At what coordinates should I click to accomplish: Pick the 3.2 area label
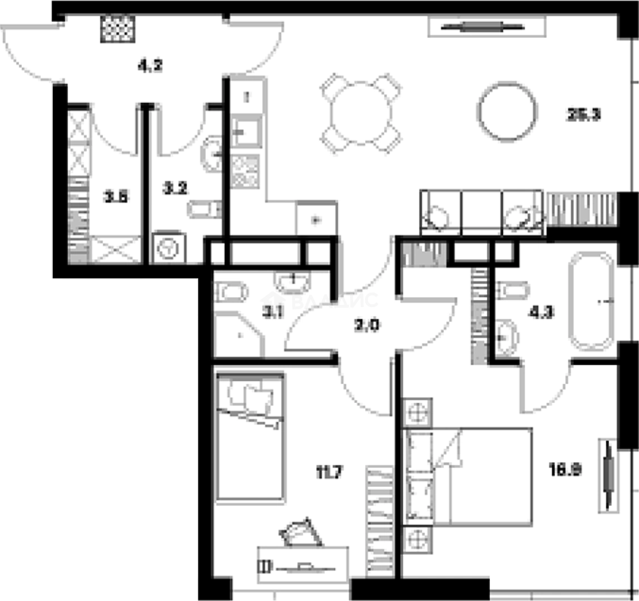175,189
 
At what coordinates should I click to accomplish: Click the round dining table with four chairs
362,114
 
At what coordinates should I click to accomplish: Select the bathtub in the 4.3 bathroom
591,301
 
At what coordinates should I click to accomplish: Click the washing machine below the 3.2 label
168,248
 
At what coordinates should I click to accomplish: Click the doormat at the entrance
119,28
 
